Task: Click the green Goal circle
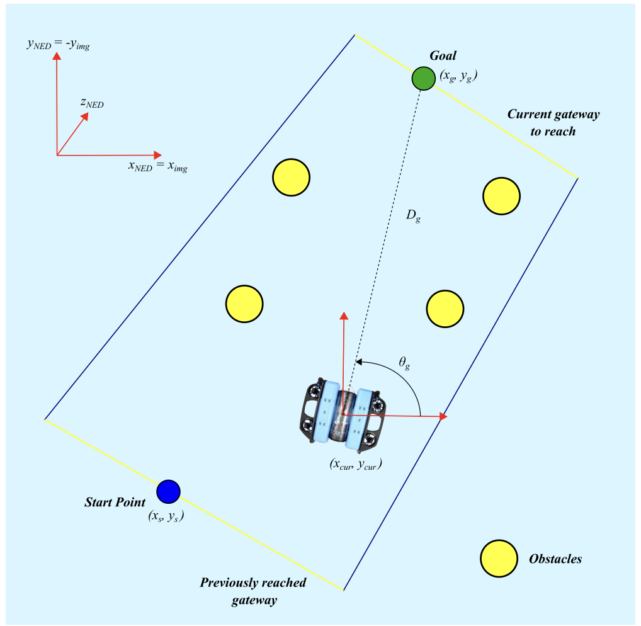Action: (424, 79)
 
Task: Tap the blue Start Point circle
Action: (168, 491)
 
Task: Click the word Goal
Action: (443, 55)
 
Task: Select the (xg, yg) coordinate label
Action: (458, 76)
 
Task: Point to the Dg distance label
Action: (413, 215)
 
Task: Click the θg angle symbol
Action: (404, 363)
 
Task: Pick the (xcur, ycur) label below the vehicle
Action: (356, 465)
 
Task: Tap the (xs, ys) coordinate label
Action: (166, 516)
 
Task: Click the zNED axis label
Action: (92, 103)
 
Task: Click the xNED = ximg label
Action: (158, 166)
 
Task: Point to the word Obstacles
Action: (555, 559)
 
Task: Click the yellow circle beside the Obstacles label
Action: (499, 559)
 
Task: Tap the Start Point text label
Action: (115, 502)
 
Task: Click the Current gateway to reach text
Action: (553, 123)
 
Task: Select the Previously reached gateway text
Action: (253, 591)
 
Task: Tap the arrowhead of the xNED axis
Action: (158, 155)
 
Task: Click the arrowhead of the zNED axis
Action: (85, 117)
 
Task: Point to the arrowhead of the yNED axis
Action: (57, 55)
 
